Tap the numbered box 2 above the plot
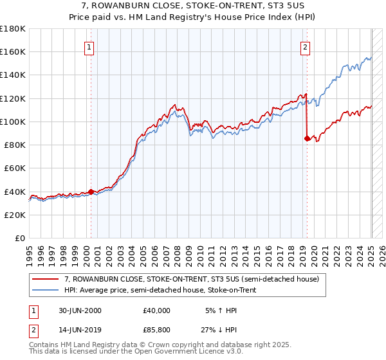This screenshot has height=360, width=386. [304, 47]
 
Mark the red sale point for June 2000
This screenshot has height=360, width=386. [91, 191]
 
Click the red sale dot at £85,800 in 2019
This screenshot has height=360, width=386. [307, 138]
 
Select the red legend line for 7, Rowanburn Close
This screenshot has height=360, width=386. [46, 279]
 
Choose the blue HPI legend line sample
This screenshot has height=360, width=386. [46, 291]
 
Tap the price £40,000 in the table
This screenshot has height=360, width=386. [157, 310]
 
